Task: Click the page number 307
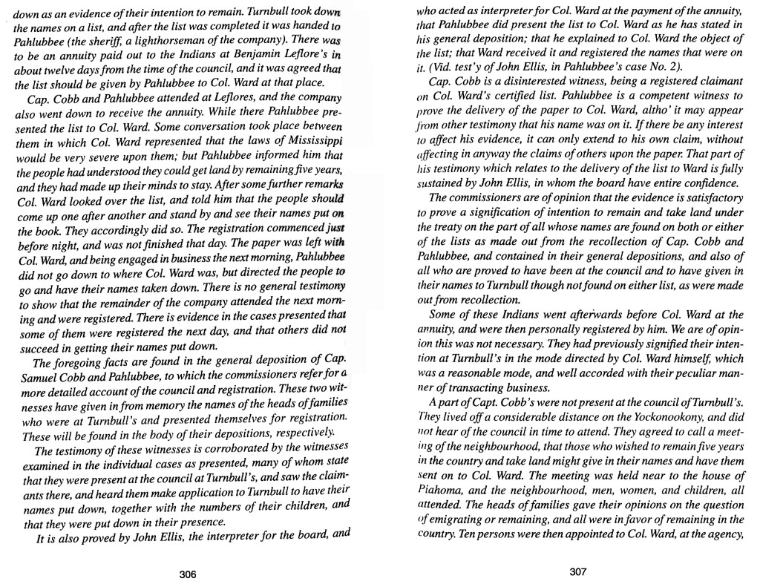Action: (578, 572)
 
